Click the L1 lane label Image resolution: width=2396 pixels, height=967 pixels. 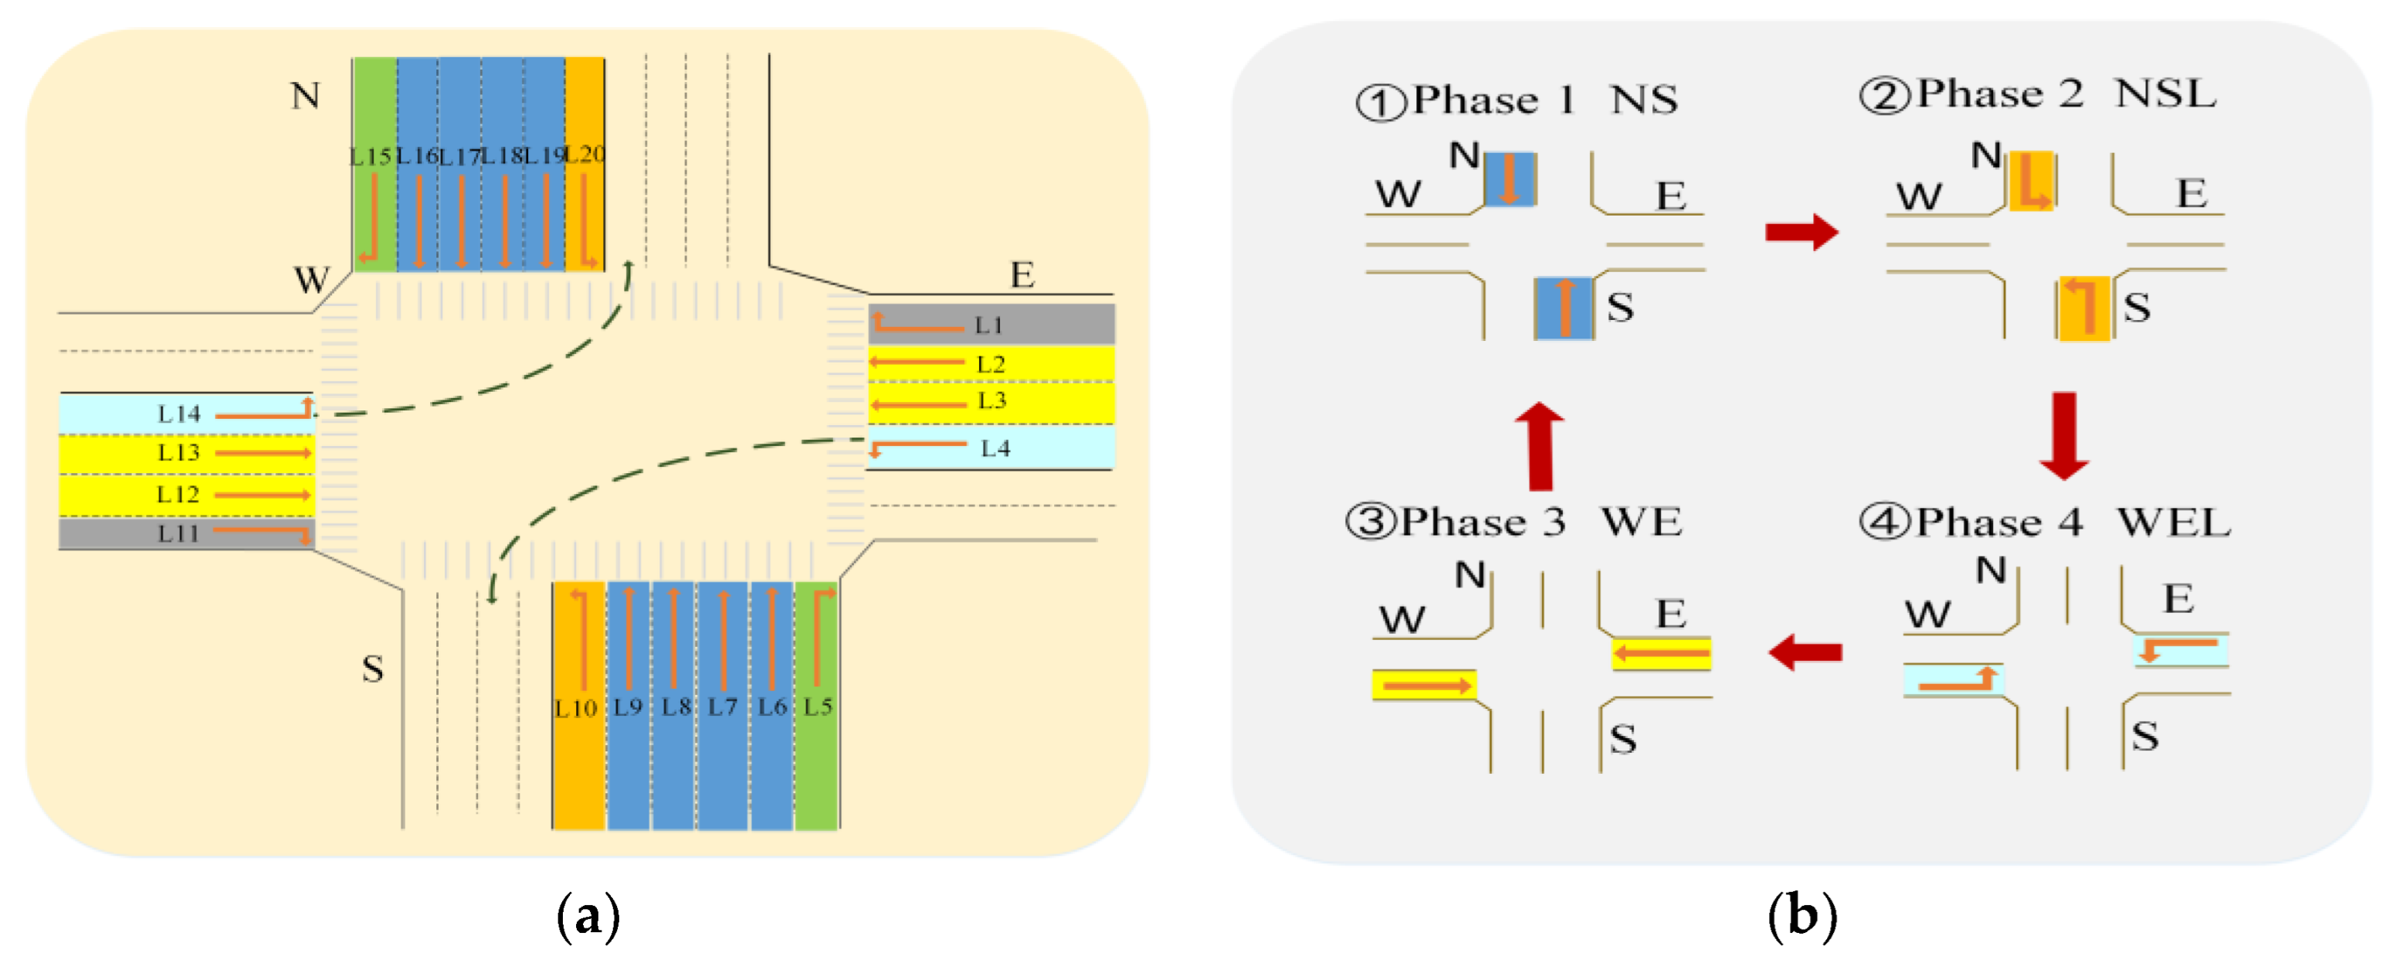(x=988, y=325)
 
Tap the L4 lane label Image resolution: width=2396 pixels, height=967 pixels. (x=995, y=448)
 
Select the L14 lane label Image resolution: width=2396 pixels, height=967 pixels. (x=178, y=414)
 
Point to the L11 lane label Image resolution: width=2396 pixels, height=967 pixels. (x=178, y=533)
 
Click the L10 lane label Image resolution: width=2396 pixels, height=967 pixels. (x=576, y=708)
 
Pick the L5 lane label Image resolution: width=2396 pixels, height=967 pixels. (x=818, y=707)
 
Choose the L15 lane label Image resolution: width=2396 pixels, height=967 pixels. (x=370, y=156)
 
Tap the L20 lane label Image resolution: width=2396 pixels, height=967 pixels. (x=585, y=154)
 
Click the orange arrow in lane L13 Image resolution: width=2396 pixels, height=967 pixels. (x=263, y=453)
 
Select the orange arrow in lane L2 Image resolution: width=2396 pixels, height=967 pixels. (x=917, y=362)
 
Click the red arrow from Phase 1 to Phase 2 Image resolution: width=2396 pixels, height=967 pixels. (x=1801, y=232)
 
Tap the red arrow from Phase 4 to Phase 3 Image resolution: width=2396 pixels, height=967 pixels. (x=1805, y=652)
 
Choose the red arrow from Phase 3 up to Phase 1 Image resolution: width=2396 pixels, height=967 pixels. (x=1540, y=446)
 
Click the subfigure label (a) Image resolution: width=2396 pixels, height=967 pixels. (x=588, y=917)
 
